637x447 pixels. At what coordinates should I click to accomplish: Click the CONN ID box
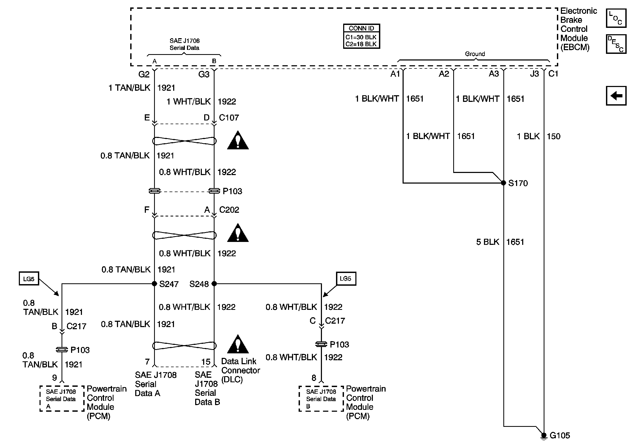(361, 36)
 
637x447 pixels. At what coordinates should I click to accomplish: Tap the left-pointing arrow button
(616, 96)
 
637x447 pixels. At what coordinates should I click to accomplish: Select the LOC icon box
(616, 18)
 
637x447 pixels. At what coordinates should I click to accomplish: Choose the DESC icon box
(616, 44)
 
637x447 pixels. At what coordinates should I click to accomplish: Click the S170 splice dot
(504, 183)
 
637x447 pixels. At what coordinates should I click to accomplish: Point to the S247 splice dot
(155, 284)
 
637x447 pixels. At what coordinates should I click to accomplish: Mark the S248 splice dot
(214, 284)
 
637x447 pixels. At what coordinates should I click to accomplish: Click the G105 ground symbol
(544, 436)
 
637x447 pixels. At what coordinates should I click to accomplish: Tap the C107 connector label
(229, 118)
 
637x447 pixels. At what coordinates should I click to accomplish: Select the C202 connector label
(229, 210)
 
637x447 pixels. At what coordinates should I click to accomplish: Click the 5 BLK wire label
(487, 242)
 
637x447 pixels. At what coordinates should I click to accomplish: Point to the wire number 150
(553, 137)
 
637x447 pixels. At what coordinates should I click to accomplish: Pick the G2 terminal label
(144, 74)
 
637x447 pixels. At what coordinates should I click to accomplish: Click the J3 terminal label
(534, 74)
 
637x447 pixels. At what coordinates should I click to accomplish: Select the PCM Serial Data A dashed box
(62, 398)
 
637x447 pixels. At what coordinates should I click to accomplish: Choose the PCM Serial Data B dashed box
(321, 398)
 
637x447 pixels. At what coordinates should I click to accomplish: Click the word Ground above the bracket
(475, 54)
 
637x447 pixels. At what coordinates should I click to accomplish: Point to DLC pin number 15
(206, 362)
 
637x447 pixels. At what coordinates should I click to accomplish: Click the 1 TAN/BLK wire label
(129, 88)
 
